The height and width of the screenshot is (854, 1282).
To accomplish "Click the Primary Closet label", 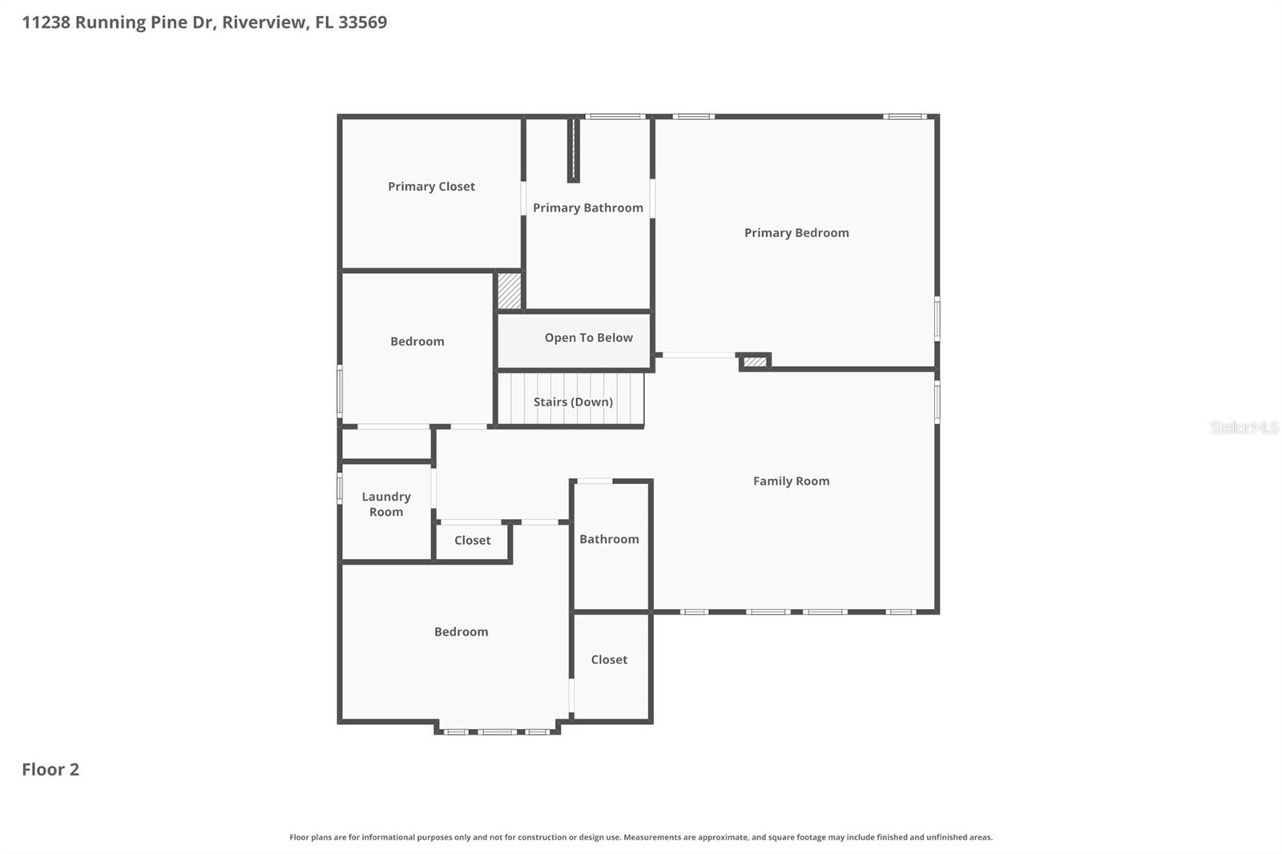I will (x=431, y=187).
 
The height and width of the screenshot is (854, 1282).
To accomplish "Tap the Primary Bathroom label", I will (x=587, y=208).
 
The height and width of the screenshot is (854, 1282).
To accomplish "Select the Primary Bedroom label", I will (x=796, y=233).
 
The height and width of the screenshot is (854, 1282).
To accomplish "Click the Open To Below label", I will (x=588, y=338).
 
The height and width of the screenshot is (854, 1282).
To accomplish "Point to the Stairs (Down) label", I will (x=573, y=402).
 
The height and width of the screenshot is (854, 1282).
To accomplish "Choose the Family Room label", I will (x=791, y=481).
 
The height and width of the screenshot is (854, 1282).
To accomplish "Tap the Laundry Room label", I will (x=386, y=505).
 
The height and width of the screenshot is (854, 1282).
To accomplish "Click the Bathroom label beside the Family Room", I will (x=609, y=540).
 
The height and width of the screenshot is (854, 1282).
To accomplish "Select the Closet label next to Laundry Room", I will (x=472, y=541).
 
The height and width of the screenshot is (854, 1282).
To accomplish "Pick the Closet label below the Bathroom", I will (x=609, y=660).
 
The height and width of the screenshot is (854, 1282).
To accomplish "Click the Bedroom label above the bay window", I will (x=461, y=632).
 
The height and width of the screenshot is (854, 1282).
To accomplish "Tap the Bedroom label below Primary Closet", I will (x=417, y=342).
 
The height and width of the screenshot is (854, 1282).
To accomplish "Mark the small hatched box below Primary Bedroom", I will (x=754, y=362).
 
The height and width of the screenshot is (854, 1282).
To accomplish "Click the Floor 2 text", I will (x=50, y=770).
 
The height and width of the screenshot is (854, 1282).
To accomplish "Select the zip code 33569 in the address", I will (x=362, y=22).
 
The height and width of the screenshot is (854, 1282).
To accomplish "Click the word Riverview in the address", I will (x=264, y=22).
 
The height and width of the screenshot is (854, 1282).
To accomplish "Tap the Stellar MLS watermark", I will (x=1244, y=428).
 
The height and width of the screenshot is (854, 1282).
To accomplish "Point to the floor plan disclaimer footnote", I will (x=640, y=837).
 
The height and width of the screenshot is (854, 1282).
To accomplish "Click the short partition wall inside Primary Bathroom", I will (x=573, y=151).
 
